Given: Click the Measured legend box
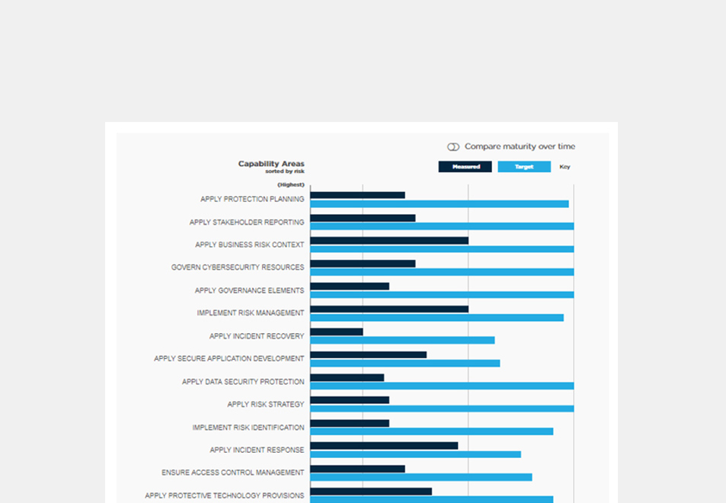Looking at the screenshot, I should coord(465,167).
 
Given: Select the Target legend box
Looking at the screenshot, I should coord(524,167).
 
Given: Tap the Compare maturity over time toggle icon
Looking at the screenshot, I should coord(453,146).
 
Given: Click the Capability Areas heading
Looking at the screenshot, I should coord(271,164).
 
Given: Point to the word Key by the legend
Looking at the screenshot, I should coord(564,167).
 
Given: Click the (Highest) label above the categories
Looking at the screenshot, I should coord(290,184).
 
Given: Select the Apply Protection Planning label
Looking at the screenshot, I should coord(252,200).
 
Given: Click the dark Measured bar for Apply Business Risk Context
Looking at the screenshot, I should coord(389,241).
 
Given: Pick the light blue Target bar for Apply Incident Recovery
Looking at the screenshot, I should coord(402,341).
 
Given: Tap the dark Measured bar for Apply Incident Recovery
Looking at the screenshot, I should coord(337,332).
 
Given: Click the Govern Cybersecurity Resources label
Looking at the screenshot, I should coord(238,268).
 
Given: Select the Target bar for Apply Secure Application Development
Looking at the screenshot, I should coord(405,363).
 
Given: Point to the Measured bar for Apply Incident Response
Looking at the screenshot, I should coord(384,446).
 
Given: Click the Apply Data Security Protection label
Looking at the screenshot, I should coord(243,382).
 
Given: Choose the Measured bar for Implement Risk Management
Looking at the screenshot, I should coord(389,309).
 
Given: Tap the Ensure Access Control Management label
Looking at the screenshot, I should coord(233,473).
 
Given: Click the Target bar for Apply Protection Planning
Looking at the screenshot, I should coord(440,204).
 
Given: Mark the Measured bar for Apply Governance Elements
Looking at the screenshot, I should coord(350,287).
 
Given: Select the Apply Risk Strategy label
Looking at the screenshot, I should coord(266,405).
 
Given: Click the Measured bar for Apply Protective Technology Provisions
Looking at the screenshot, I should coord(371,492).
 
